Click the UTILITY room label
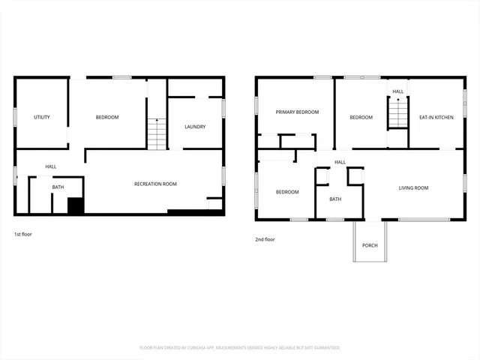point(42,118)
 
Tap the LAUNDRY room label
point(195,127)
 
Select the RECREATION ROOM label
point(155,184)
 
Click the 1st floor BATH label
point(58,187)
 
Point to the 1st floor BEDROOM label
point(107,118)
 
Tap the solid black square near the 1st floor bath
point(74,205)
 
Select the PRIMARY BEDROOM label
point(297,112)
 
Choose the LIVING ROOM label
point(413,188)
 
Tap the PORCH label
point(370,245)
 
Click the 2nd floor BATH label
point(334,199)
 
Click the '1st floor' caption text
point(23,234)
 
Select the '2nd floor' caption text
point(265,239)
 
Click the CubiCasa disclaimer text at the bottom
point(240,348)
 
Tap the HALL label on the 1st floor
point(51,166)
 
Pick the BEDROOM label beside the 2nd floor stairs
point(361,118)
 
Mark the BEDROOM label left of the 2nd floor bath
point(287,192)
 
